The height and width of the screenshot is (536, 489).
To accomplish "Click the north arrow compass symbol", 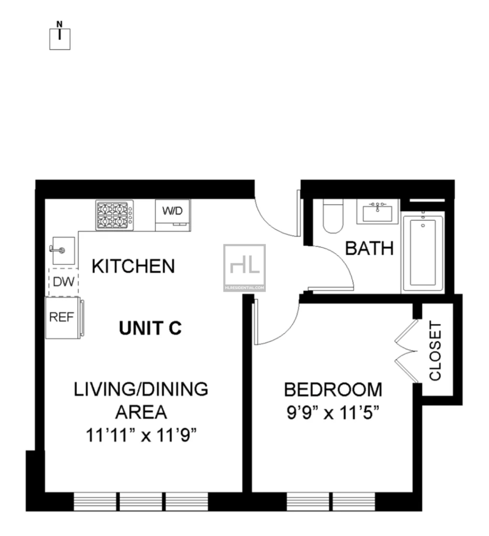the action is [x=60, y=35].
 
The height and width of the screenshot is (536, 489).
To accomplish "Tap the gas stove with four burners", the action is [x=114, y=215].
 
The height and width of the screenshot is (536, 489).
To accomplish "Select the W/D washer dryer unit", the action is [x=173, y=215].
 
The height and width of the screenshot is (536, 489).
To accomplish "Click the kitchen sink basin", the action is [x=64, y=251].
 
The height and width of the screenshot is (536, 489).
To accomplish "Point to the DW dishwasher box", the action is [x=64, y=282].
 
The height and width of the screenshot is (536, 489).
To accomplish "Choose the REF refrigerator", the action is [x=64, y=318].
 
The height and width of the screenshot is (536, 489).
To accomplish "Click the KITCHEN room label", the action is [x=133, y=266].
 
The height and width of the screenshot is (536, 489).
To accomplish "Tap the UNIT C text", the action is [x=150, y=328].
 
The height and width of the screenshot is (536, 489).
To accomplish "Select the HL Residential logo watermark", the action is [x=244, y=268].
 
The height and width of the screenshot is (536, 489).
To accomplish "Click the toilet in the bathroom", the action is [x=333, y=216].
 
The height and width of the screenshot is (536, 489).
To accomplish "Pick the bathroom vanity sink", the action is [x=378, y=212].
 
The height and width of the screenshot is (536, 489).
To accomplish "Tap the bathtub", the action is [x=423, y=252].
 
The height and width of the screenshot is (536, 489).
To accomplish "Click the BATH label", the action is [x=369, y=249].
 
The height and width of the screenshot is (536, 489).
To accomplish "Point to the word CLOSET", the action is [x=435, y=351].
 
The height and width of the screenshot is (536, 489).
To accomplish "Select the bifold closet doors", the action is [x=406, y=351].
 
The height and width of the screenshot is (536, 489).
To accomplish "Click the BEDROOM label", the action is [x=333, y=390].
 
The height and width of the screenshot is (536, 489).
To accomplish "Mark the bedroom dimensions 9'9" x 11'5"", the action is [x=333, y=413].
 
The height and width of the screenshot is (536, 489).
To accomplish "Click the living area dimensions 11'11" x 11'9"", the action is [x=141, y=436].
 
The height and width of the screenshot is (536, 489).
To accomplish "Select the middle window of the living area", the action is [x=141, y=502].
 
